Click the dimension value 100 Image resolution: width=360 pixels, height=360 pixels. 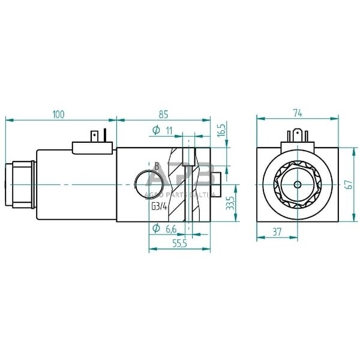pyautogui.click(x=58, y=114)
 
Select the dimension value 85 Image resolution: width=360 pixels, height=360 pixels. pyautogui.click(x=164, y=114)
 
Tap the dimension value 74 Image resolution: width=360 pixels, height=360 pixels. pyautogui.click(x=297, y=112)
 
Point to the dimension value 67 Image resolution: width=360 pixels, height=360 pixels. pyautogui.click(x=348, y=184)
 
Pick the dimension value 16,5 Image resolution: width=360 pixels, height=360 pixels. pyautogui.click(x=220, y=131)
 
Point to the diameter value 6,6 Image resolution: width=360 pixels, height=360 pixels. pyautogui.click(x=170, y=228)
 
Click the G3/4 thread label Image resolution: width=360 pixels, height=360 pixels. pyautogui.click(x=160, y=208)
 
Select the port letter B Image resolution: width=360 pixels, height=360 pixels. pyautogui.click(x=157, y=166)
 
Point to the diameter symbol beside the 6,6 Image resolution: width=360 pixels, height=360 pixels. pyautogui.click(x=155, y=228)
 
